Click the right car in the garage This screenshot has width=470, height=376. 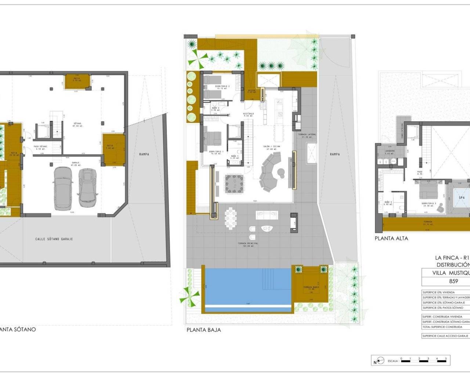click(x=87, y=186)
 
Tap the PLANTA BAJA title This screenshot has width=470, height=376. click(x=204, y=330)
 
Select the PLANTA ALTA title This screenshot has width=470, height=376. click(x=391, y=238)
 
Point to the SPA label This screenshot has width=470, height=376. click(x=462, y=198)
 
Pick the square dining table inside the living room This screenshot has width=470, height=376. click(x=234, y=185)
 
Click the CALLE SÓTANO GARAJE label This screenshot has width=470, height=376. click(x=54, y=239)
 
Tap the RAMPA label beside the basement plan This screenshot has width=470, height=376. click(x=144, y=154)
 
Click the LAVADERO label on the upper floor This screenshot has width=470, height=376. click(x=390, y=151)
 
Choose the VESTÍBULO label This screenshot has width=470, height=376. click(x=248, y=114)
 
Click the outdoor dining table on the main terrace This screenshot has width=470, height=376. click(x=231, y=218)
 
